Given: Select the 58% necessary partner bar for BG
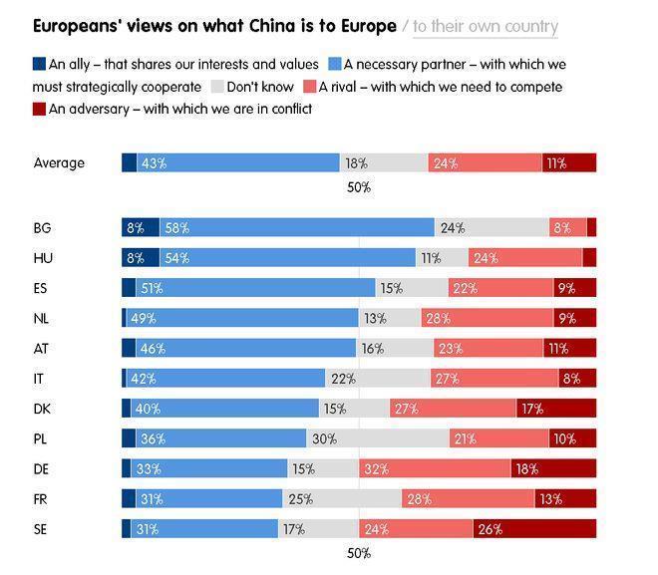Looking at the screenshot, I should (297, 227).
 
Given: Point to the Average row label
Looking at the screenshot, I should (59, 163).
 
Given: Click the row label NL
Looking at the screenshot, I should (43, 318).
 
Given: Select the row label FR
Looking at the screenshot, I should (42, 498).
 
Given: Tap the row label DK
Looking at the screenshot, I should (43, 409).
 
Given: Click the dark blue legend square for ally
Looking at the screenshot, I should (39, 65).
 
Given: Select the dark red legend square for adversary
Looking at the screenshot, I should (39, 109).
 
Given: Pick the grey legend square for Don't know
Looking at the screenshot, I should (219, 87).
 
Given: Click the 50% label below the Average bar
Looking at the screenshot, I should (359, 186).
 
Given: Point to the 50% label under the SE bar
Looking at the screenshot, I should (359, 553).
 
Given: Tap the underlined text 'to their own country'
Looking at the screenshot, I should (485, 27).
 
